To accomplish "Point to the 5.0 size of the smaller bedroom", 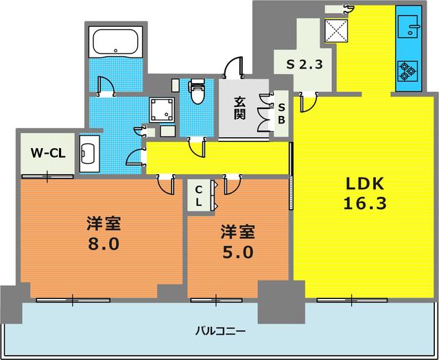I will point(237,252).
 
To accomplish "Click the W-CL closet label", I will point(47,153).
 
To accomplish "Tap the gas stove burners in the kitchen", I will point(408,71).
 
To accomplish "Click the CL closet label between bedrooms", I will point(198,196).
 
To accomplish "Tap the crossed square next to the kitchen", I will point(337,29).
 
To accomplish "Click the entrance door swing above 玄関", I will point(235,67).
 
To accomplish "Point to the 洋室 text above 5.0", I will point(237,231).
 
